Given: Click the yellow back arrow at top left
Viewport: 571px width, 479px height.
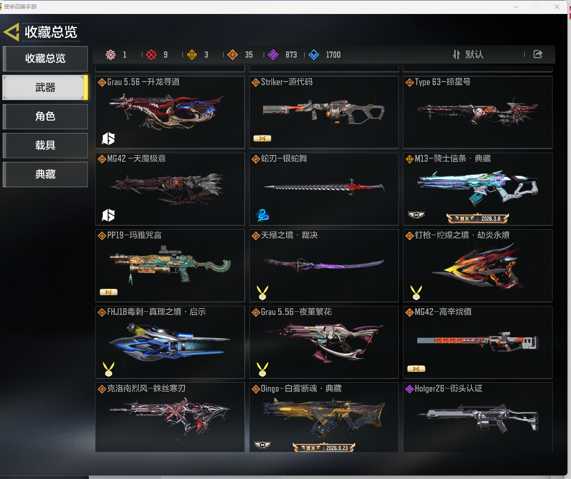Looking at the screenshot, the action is (12, 32).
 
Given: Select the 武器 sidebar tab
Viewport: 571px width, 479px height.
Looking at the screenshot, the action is (45, 87).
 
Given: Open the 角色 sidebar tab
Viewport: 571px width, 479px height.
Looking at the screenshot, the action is (45, 116).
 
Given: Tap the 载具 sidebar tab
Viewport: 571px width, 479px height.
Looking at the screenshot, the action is (45, 145).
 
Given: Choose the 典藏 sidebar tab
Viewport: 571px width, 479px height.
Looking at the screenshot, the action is (45, 174).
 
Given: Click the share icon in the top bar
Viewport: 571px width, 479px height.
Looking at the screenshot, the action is (538, 54).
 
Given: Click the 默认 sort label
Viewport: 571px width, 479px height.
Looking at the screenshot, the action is (474, 55).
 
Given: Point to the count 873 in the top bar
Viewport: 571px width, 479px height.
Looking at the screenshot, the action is (291, 55).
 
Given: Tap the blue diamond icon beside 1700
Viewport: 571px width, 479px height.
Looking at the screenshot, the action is (314, 55).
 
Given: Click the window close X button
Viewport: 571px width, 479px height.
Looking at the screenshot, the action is (557, 7).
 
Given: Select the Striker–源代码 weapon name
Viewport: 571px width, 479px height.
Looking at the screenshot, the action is (287, 82).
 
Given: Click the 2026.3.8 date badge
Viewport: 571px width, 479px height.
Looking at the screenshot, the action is (477, 219).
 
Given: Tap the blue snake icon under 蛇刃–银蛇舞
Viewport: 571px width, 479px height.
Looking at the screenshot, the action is (263, 215).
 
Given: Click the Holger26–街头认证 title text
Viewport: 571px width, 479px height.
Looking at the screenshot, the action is (448, 388).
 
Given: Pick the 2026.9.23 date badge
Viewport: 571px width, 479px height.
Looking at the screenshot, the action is (324, 448).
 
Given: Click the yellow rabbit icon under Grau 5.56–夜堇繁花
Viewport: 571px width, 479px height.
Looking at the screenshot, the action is (262, 369).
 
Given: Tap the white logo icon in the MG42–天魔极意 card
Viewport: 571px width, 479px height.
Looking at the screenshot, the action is (108, 215).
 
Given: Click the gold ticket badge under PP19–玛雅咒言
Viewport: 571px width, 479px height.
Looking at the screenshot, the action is (109, 292).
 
